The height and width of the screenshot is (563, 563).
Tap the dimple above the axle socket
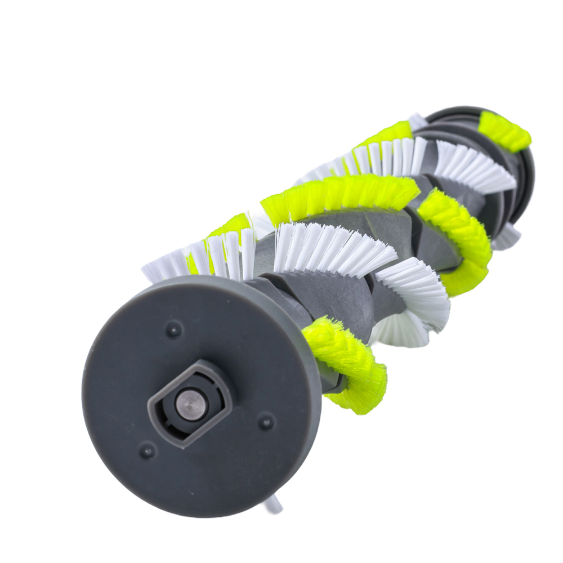173,329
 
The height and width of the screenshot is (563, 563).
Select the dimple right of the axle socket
265,422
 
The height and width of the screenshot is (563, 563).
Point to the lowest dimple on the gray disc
147,450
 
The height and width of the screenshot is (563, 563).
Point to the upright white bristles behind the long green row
388,155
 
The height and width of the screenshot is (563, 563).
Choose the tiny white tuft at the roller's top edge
417,120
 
